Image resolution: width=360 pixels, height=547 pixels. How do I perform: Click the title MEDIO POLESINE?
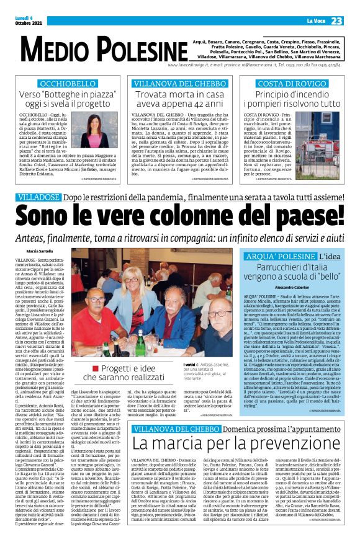pyautogui.click(x=81, y=49)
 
